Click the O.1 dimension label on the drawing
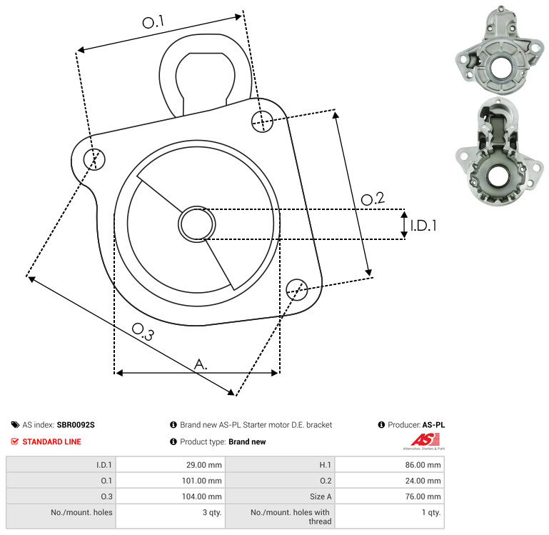click(153, 22)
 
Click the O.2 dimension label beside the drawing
click(373, 199)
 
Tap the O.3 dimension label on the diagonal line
click(143, 331)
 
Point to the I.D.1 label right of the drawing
click(423, 226)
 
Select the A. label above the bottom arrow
click(201, 364)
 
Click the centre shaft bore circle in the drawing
click(197, 224)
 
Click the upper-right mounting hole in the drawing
click(262, 121)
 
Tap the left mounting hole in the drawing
click(94, 159)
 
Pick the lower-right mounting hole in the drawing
click(297, 289)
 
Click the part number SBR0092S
click(76, 425)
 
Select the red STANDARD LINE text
click(52, 441)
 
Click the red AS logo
click(425, 440)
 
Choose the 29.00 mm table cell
click(203, 465)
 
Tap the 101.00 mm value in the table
click(201, 481)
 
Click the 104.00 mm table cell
click(201, 496)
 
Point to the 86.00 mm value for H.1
click(423, 465)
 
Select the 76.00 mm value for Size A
click(423, 496)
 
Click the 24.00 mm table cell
click(423, 481)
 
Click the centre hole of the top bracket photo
click(500, 68)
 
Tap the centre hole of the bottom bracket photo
click(498, 176)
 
